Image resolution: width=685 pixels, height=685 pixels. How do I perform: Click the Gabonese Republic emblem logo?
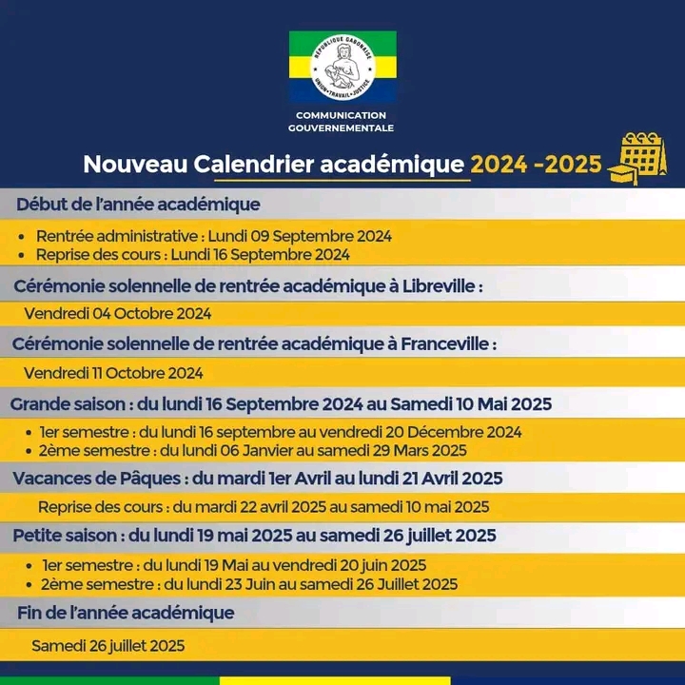(342, 67)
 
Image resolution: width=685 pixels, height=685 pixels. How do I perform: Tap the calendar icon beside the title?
(642, 158)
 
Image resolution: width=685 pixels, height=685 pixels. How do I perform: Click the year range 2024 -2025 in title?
(537, 165)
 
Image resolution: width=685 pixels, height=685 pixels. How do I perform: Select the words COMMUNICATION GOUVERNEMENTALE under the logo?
(342, 121)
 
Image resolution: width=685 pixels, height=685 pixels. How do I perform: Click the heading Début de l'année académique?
(138, 204)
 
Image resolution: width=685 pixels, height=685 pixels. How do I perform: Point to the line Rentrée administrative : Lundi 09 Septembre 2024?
(214, 236)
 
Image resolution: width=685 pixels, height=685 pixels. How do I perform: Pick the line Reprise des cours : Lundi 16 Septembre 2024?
(193, 254)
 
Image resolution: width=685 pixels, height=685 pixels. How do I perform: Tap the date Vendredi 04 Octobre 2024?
(118, 313)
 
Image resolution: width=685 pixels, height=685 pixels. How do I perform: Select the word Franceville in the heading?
(438, 342)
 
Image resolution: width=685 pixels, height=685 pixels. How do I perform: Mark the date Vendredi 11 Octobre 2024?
(113, 373)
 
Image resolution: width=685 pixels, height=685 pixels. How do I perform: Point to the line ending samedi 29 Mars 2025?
(253, 450)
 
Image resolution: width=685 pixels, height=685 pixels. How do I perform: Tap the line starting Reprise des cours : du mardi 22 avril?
(264, 507)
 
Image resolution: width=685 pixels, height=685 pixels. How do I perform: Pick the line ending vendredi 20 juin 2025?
(234, 565)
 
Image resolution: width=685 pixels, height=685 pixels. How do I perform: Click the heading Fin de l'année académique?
(126, 612)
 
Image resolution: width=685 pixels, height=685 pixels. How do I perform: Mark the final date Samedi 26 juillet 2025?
(108, 645)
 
